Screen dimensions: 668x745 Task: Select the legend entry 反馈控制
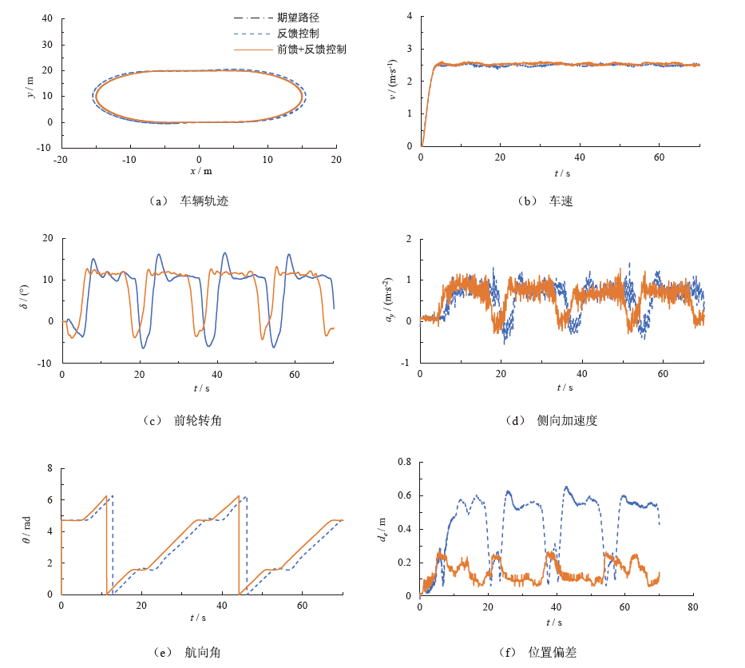pyautogui.click(x=298, y=34)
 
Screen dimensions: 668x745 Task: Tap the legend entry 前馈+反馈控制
pyautogui.click(x=311, y=50)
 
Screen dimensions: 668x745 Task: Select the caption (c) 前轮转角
pyautogui.click(x=183, y=419)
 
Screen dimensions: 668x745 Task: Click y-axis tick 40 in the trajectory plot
pyautogui.click(x=47, y=18)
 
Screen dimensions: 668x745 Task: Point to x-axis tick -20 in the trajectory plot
pyautogui.click(x=61, y=160)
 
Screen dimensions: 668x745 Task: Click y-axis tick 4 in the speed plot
pyautogui.click(x=409, y=16)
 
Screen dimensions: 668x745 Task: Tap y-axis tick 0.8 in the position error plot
pyautogui.click(x=405, y=462)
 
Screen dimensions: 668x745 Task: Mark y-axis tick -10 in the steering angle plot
pyautogui.click(x=46, y=363)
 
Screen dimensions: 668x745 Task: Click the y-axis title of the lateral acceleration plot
pyautogui.click(x=389, y=300)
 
